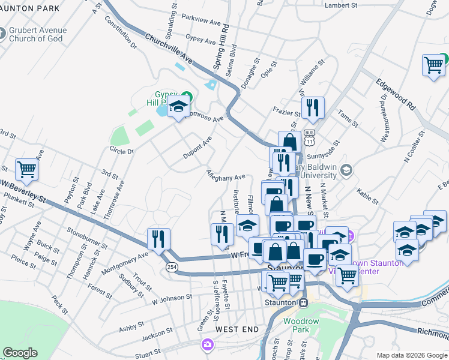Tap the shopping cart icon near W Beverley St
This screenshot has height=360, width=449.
click(x=27, y=170)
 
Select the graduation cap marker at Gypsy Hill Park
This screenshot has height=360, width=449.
click(x=178, y=108)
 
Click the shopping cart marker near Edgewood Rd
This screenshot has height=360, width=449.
click(x=433, y=65)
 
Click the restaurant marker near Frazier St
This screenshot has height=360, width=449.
click(x=312, y=108)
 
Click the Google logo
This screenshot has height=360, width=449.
click(x=20, y=353)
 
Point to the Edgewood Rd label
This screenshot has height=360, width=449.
click(x=396, y=94)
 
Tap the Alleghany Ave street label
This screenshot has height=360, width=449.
click(x=226, y=177)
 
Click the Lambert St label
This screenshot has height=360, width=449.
click(x=340, y=5)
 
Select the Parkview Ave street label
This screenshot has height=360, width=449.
click(x=201, y=20)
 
